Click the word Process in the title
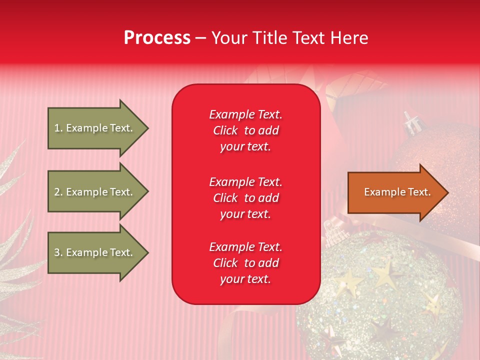tap(157, 38)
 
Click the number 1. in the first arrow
tap(58, 128)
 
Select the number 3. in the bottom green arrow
tap(58, 253)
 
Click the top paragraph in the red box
tap(245, 130)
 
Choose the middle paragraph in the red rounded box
tap(245, 198)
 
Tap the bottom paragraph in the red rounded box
tap(245, 263)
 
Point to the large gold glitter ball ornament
tap(380, 300)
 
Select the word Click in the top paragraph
tap(225, 130)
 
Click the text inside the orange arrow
tap(397, 192)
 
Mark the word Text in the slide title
tap(309, 38)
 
